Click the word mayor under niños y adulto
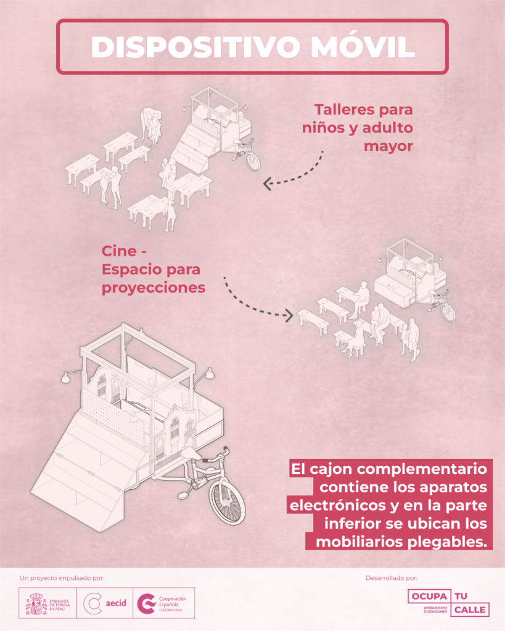388,146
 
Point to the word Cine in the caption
119,251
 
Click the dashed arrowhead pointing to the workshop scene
268,184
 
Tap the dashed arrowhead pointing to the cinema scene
289,315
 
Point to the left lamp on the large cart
65,377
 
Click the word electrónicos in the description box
337,505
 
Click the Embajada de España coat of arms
36,603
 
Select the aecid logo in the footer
105,603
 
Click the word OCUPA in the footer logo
430,596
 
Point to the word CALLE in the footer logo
470,610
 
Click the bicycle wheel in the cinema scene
448,313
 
